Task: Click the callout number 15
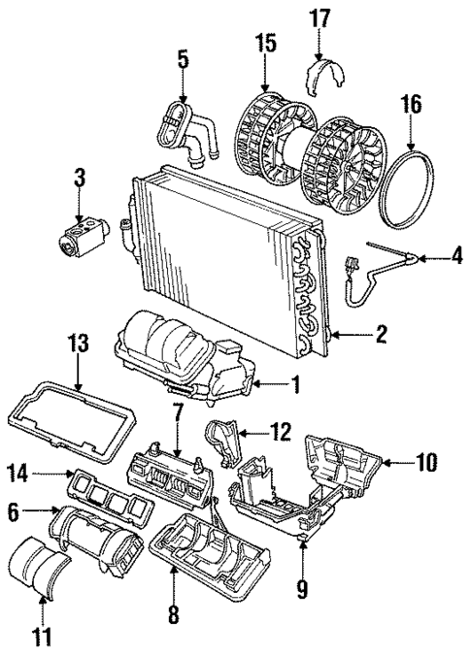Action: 265,44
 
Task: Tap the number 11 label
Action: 42,638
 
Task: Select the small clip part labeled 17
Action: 322,75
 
